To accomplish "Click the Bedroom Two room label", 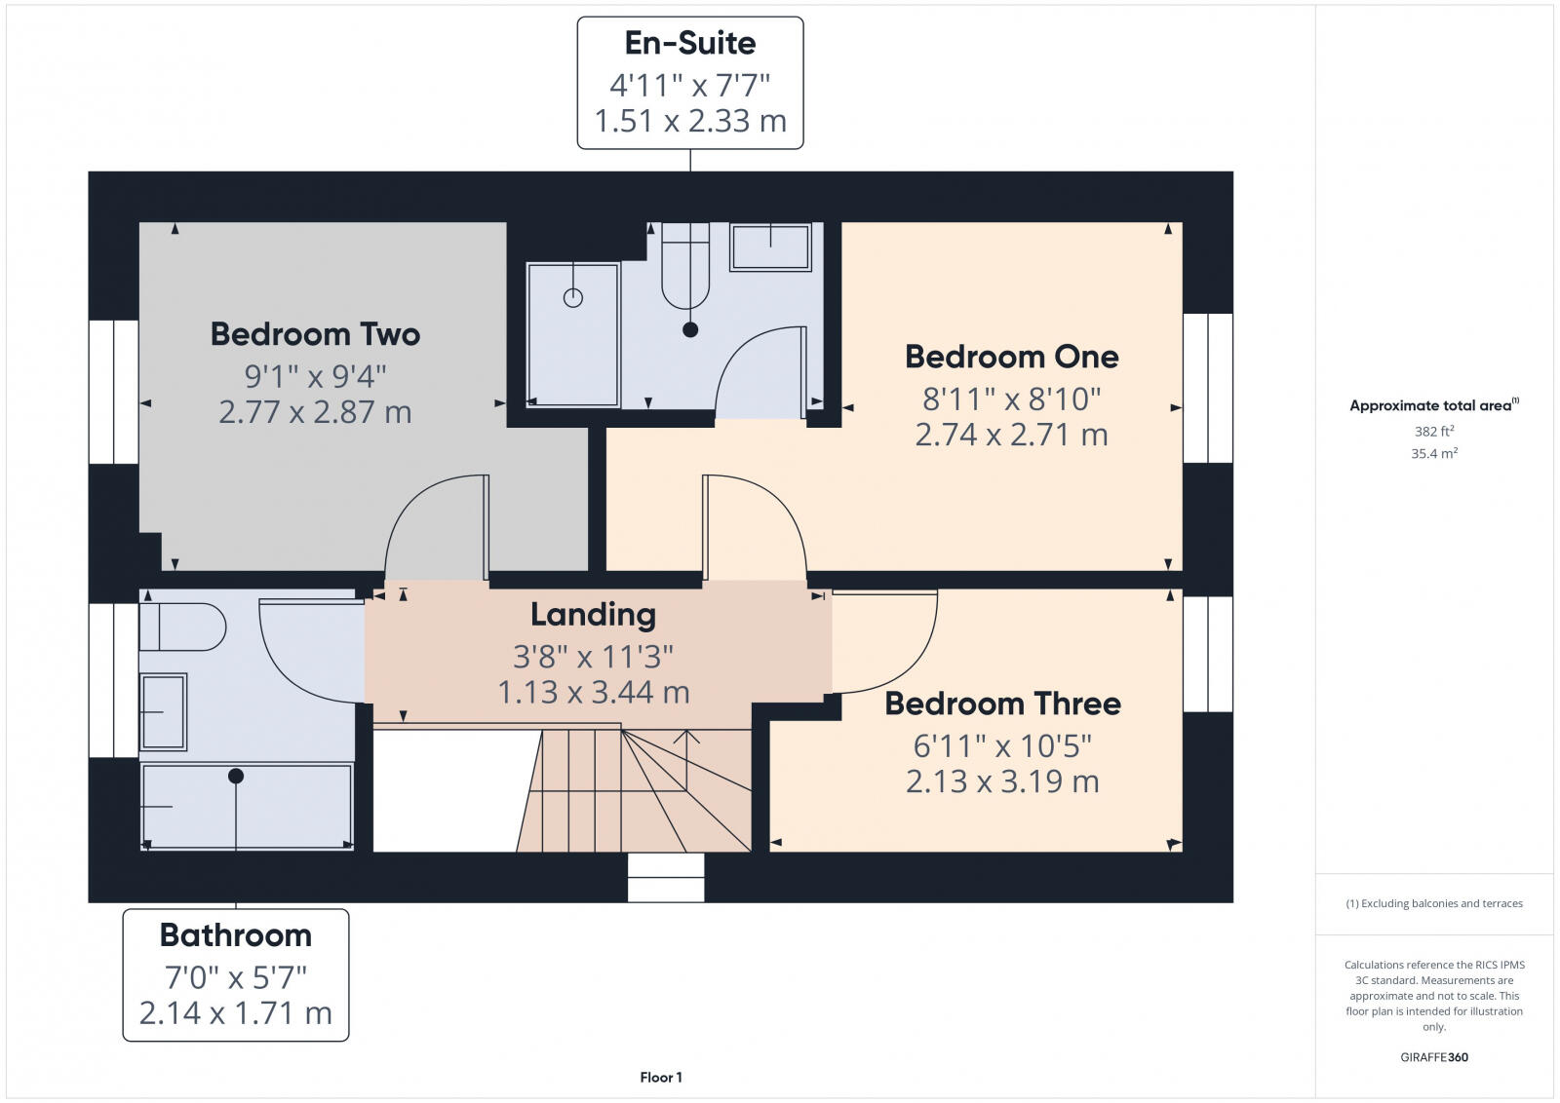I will tap(315, 334).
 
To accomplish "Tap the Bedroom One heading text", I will tap(1011, 357).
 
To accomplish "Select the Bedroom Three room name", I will tap(1002, 704).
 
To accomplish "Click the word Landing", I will tap(593, 615).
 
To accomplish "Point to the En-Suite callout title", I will tap(690, 43).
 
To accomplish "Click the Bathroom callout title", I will tap(236, 935).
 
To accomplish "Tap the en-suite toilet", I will tap(685, 265).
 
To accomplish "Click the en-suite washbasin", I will tap(770, 247).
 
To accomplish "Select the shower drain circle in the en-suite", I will tap(573, 298).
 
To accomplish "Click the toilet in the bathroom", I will tap(182, 628).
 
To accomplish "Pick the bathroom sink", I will tap(164, 712).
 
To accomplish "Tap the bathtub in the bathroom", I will tap(247, 807).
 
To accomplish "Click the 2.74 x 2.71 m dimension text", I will tap(1011, 435).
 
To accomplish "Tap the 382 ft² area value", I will tap(1434, 431).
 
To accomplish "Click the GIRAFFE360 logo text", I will tap(1434, 1057).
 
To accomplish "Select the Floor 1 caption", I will tap(661, 1078).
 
